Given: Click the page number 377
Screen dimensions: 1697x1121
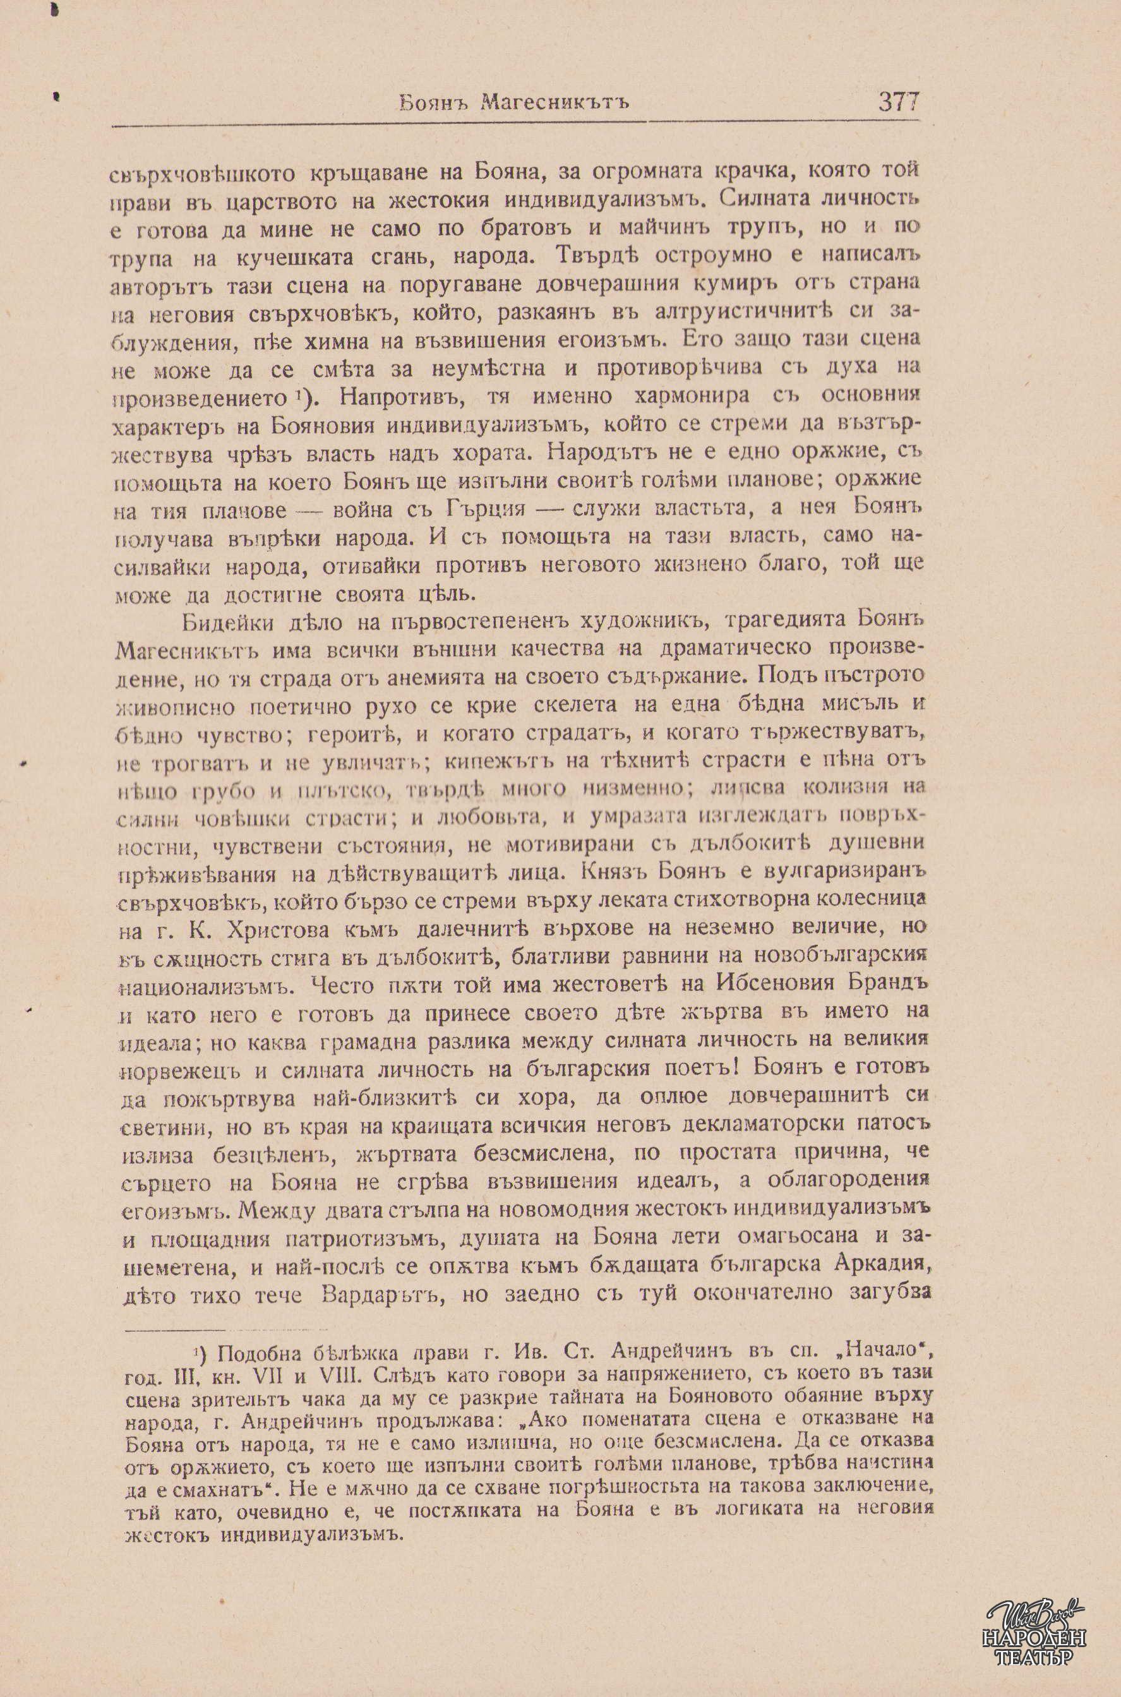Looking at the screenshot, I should click(898, 102).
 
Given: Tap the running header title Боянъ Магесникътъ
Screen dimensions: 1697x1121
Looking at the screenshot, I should click(514, 104).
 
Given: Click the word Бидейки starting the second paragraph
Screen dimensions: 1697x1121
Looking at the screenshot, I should click(227, 623).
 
